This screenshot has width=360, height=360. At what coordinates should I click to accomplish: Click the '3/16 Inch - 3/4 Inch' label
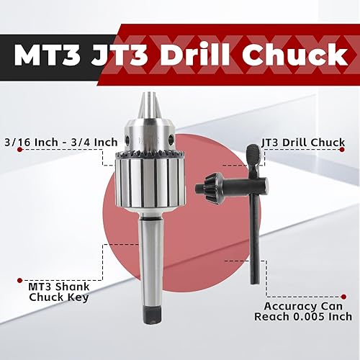60,142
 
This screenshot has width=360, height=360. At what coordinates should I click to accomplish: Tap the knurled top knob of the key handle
254,155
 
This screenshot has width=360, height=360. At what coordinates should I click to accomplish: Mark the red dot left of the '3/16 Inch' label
4,142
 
